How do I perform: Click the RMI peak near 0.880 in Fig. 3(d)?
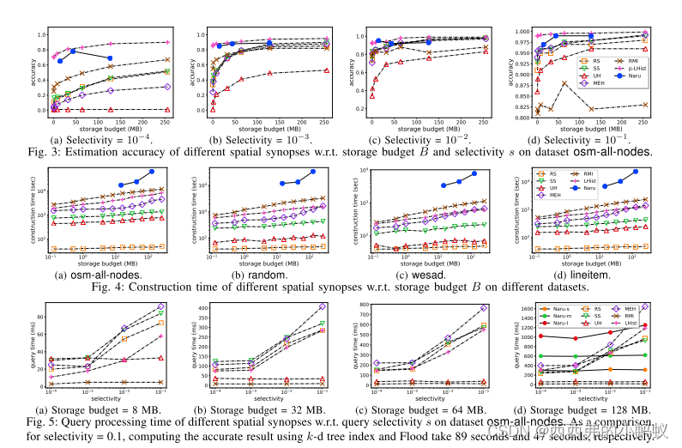[564, 82]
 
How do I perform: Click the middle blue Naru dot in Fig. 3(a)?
[74, 51]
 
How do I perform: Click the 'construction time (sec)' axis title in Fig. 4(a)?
[33, 211]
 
